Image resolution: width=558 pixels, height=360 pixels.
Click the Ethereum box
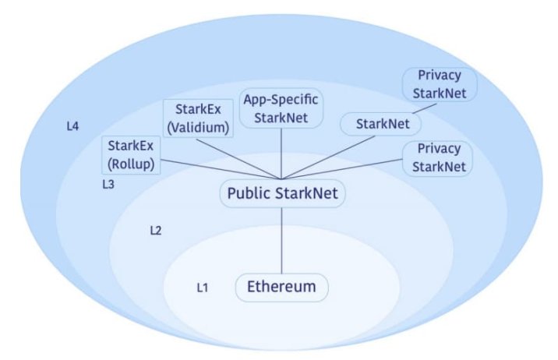[x=282, y=287]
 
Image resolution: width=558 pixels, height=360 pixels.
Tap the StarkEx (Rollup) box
[x=132, y=155]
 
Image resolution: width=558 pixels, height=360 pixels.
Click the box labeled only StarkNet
[x=382, y=123]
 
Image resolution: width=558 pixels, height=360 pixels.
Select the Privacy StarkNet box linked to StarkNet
[x=439, y=85]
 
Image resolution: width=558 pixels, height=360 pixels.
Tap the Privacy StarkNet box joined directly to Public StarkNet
[x=439, y=157]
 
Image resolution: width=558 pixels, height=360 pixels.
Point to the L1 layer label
[x=203, y=288]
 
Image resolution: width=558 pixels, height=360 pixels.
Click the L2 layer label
[x=156, y=231]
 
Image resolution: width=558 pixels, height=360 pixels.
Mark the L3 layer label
[x=109, y=185]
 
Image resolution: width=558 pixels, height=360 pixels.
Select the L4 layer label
[x=73, y=125]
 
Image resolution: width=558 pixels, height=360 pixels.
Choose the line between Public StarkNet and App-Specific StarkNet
[x=282, y=154]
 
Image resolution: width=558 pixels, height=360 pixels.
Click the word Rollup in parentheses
[x=132, y=164]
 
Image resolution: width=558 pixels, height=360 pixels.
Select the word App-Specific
[x=282, y=100]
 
